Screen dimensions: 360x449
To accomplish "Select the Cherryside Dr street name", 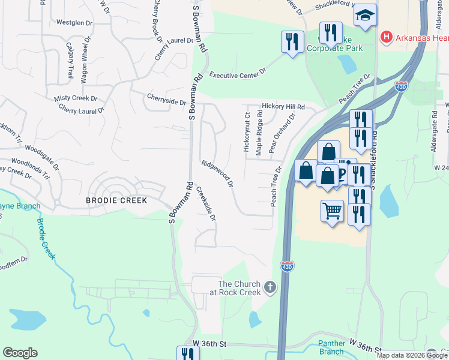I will point(166,99).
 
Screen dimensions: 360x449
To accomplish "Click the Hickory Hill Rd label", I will point(283,106).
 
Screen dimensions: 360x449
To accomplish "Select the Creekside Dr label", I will point(206,204).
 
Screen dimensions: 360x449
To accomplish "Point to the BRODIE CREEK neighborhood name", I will point(116,200).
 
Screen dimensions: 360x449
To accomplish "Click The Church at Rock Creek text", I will point(239,288).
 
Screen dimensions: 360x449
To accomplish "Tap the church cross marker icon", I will point(270,287).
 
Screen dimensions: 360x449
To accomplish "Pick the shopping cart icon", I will point(332,211).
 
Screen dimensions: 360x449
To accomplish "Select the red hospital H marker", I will point(386,38).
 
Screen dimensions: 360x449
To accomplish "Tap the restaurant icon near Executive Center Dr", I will point(292,41).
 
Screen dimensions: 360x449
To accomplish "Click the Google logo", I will point(20,353).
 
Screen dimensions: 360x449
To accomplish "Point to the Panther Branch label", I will point(331,347).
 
